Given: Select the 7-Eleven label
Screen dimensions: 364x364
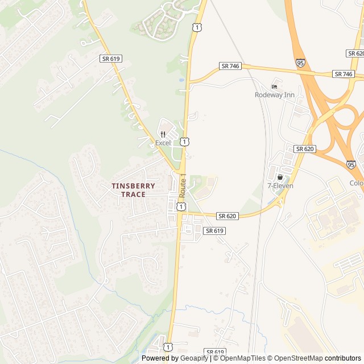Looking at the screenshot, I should click(x=280, y=185).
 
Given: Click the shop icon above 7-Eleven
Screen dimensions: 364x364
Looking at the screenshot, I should click(x=280, y=177).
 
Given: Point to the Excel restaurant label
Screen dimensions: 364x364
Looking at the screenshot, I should click(x=163, y=143).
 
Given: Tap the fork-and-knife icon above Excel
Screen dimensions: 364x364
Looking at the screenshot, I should click(x=163, y=134).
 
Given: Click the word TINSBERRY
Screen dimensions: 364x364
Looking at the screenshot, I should click(x=133, y=185).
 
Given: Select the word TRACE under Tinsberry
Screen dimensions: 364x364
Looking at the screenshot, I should click(x=133, y=194).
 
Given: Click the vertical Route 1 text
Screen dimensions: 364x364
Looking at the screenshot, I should click(x=183, y=185).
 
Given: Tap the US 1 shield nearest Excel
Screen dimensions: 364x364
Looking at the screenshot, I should click(x=185, y=141).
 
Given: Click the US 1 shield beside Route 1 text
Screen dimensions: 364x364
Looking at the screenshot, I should click(x=180, y=207).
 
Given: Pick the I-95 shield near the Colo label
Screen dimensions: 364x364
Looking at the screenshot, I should click(x=351, y=164).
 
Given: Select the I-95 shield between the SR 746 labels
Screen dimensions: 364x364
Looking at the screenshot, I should click(x=300, y=63).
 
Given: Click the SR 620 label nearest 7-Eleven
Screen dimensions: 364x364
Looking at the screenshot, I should click(x=305, y=148).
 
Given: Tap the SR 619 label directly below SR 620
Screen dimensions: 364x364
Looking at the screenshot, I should click(x=214, y=230).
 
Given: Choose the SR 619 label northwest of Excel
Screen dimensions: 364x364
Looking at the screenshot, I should click(x=111, y=59).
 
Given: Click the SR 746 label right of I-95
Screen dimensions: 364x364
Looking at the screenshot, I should click(x=343, y=74).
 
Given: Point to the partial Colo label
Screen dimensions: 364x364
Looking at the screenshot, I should click(x=356, y=183).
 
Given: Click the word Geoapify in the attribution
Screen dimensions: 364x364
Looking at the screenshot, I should click(x=195, y=358).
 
